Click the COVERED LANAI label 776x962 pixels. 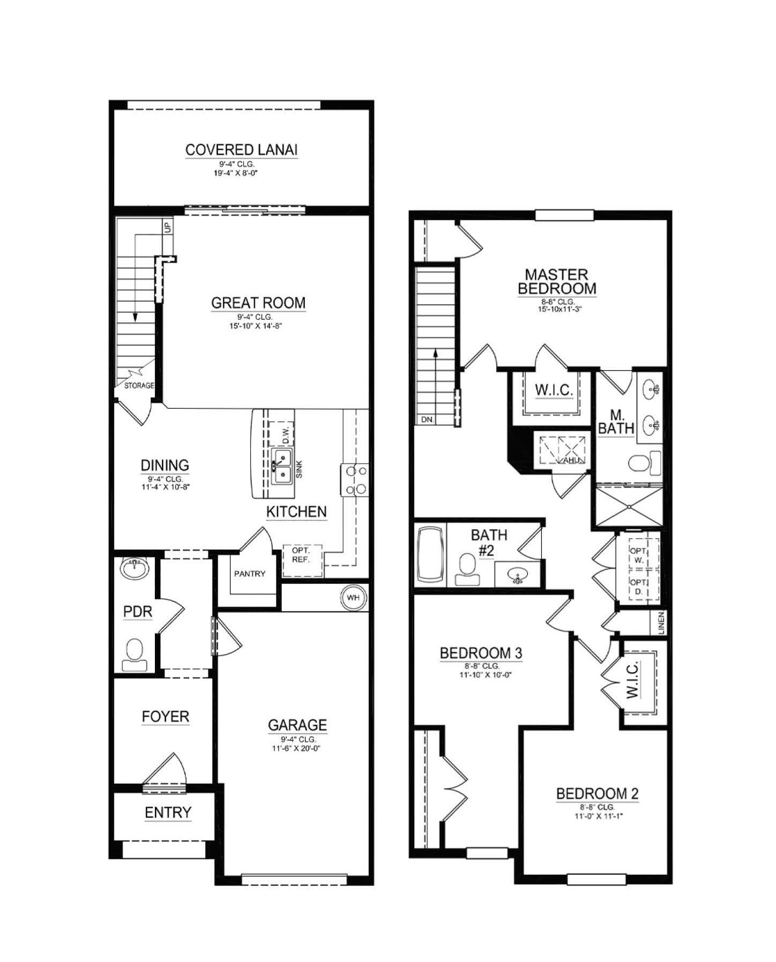point(241,149)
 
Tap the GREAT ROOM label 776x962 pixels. point(258,303)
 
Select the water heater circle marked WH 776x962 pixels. point(353,598)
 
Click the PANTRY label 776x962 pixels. point(250,574)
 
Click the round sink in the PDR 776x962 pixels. point(135,568)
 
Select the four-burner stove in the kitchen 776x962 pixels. point(355,480)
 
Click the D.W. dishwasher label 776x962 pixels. point(286,434)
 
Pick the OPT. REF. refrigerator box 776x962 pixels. point(303,560)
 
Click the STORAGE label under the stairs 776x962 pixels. point(139,385)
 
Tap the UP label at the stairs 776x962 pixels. point(168,227)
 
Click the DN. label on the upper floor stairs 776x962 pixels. point(428,420)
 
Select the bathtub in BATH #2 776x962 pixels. point(430,555)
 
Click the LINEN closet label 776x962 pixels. point(661,623)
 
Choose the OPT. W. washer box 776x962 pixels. point(638,555)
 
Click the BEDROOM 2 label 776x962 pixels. point(598,794)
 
